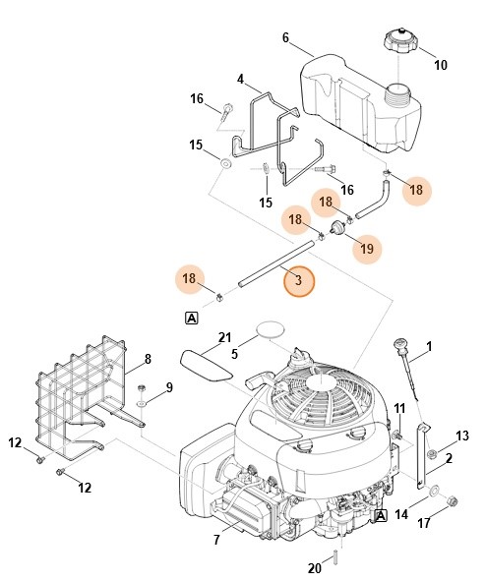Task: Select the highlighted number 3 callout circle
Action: click(299, 282)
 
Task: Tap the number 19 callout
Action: click(367, 250)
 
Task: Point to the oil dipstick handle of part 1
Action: click(401, 348)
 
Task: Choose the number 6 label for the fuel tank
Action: click(285, 37)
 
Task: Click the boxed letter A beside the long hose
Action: click(191, 317)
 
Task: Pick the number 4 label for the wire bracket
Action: click(240, 79)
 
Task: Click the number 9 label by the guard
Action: click(168, 386)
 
